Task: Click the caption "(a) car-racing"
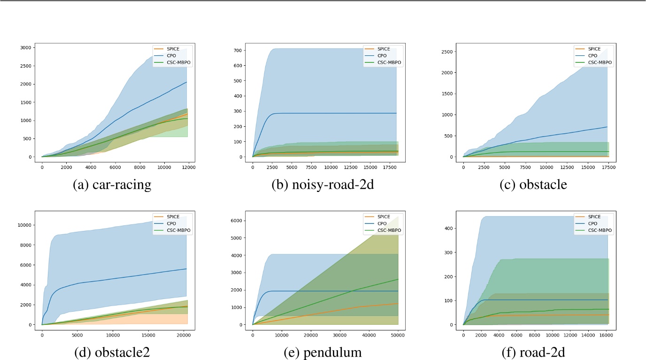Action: pos(112,185)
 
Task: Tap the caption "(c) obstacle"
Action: pos(533,185)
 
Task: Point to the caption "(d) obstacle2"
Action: pos(112,353)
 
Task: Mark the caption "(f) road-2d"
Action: pos(533,353)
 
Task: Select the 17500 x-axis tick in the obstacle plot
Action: pos(608,167)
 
